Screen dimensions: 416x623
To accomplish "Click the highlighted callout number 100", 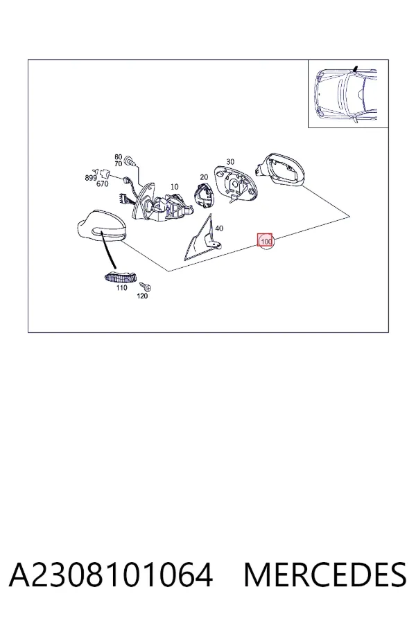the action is tap(266, 241).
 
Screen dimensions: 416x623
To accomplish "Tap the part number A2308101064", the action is tap(111, 575).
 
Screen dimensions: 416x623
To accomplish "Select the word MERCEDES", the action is tap(325, 575).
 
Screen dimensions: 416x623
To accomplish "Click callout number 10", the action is tap(174, 186).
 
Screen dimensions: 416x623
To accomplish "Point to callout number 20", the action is tap(204, 177).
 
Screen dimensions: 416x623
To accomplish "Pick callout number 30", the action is tap(230, 162).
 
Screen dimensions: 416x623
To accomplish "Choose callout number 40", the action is tap(219, 228).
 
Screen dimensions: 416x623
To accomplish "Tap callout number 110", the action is tap(122, 287).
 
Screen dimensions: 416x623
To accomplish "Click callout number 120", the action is tap(142, 296).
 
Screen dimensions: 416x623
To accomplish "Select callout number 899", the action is tap(91, 178).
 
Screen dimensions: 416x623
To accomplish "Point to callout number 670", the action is tap(103, 184).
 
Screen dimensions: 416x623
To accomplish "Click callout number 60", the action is tap(119, 157).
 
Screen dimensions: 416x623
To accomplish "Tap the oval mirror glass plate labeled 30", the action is tap(236, 184).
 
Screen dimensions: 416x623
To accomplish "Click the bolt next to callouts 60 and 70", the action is tap(130, 161).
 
